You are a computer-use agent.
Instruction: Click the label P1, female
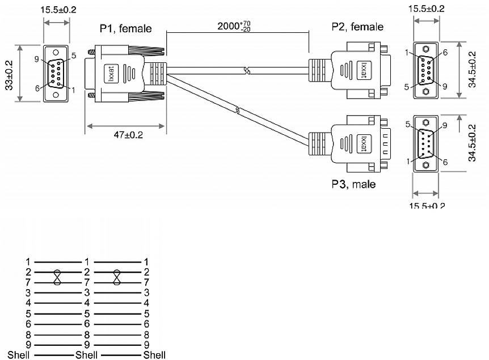point(126,28)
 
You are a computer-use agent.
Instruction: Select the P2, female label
point(357,27)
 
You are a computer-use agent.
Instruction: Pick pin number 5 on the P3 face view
point(408,124)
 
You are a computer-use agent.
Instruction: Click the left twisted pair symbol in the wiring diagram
point(57,277)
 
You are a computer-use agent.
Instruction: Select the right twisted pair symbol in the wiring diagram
point(117,277)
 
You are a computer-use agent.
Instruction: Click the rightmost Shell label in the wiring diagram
point(154,355)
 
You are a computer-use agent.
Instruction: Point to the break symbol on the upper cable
point(246,71)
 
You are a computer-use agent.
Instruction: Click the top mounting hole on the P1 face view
point(56,50)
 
